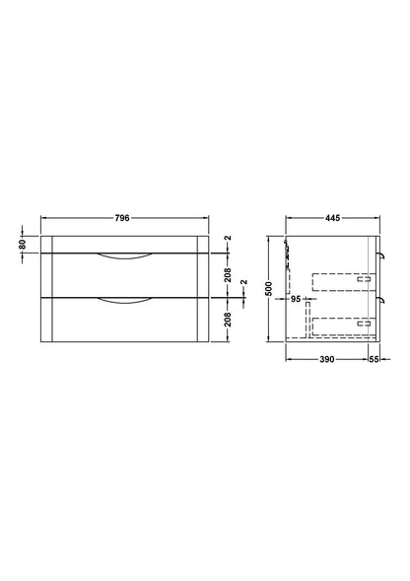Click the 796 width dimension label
pos(122,218)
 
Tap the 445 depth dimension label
pos(332,218)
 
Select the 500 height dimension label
pos(269,289)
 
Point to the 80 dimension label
pos(23,245)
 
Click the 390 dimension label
pos(327,359)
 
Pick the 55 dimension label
pos(375,359)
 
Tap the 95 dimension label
pos(296,299)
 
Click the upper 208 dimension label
pos(228,275)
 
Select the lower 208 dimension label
pos(228,320)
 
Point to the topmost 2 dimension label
pos(228,238)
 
